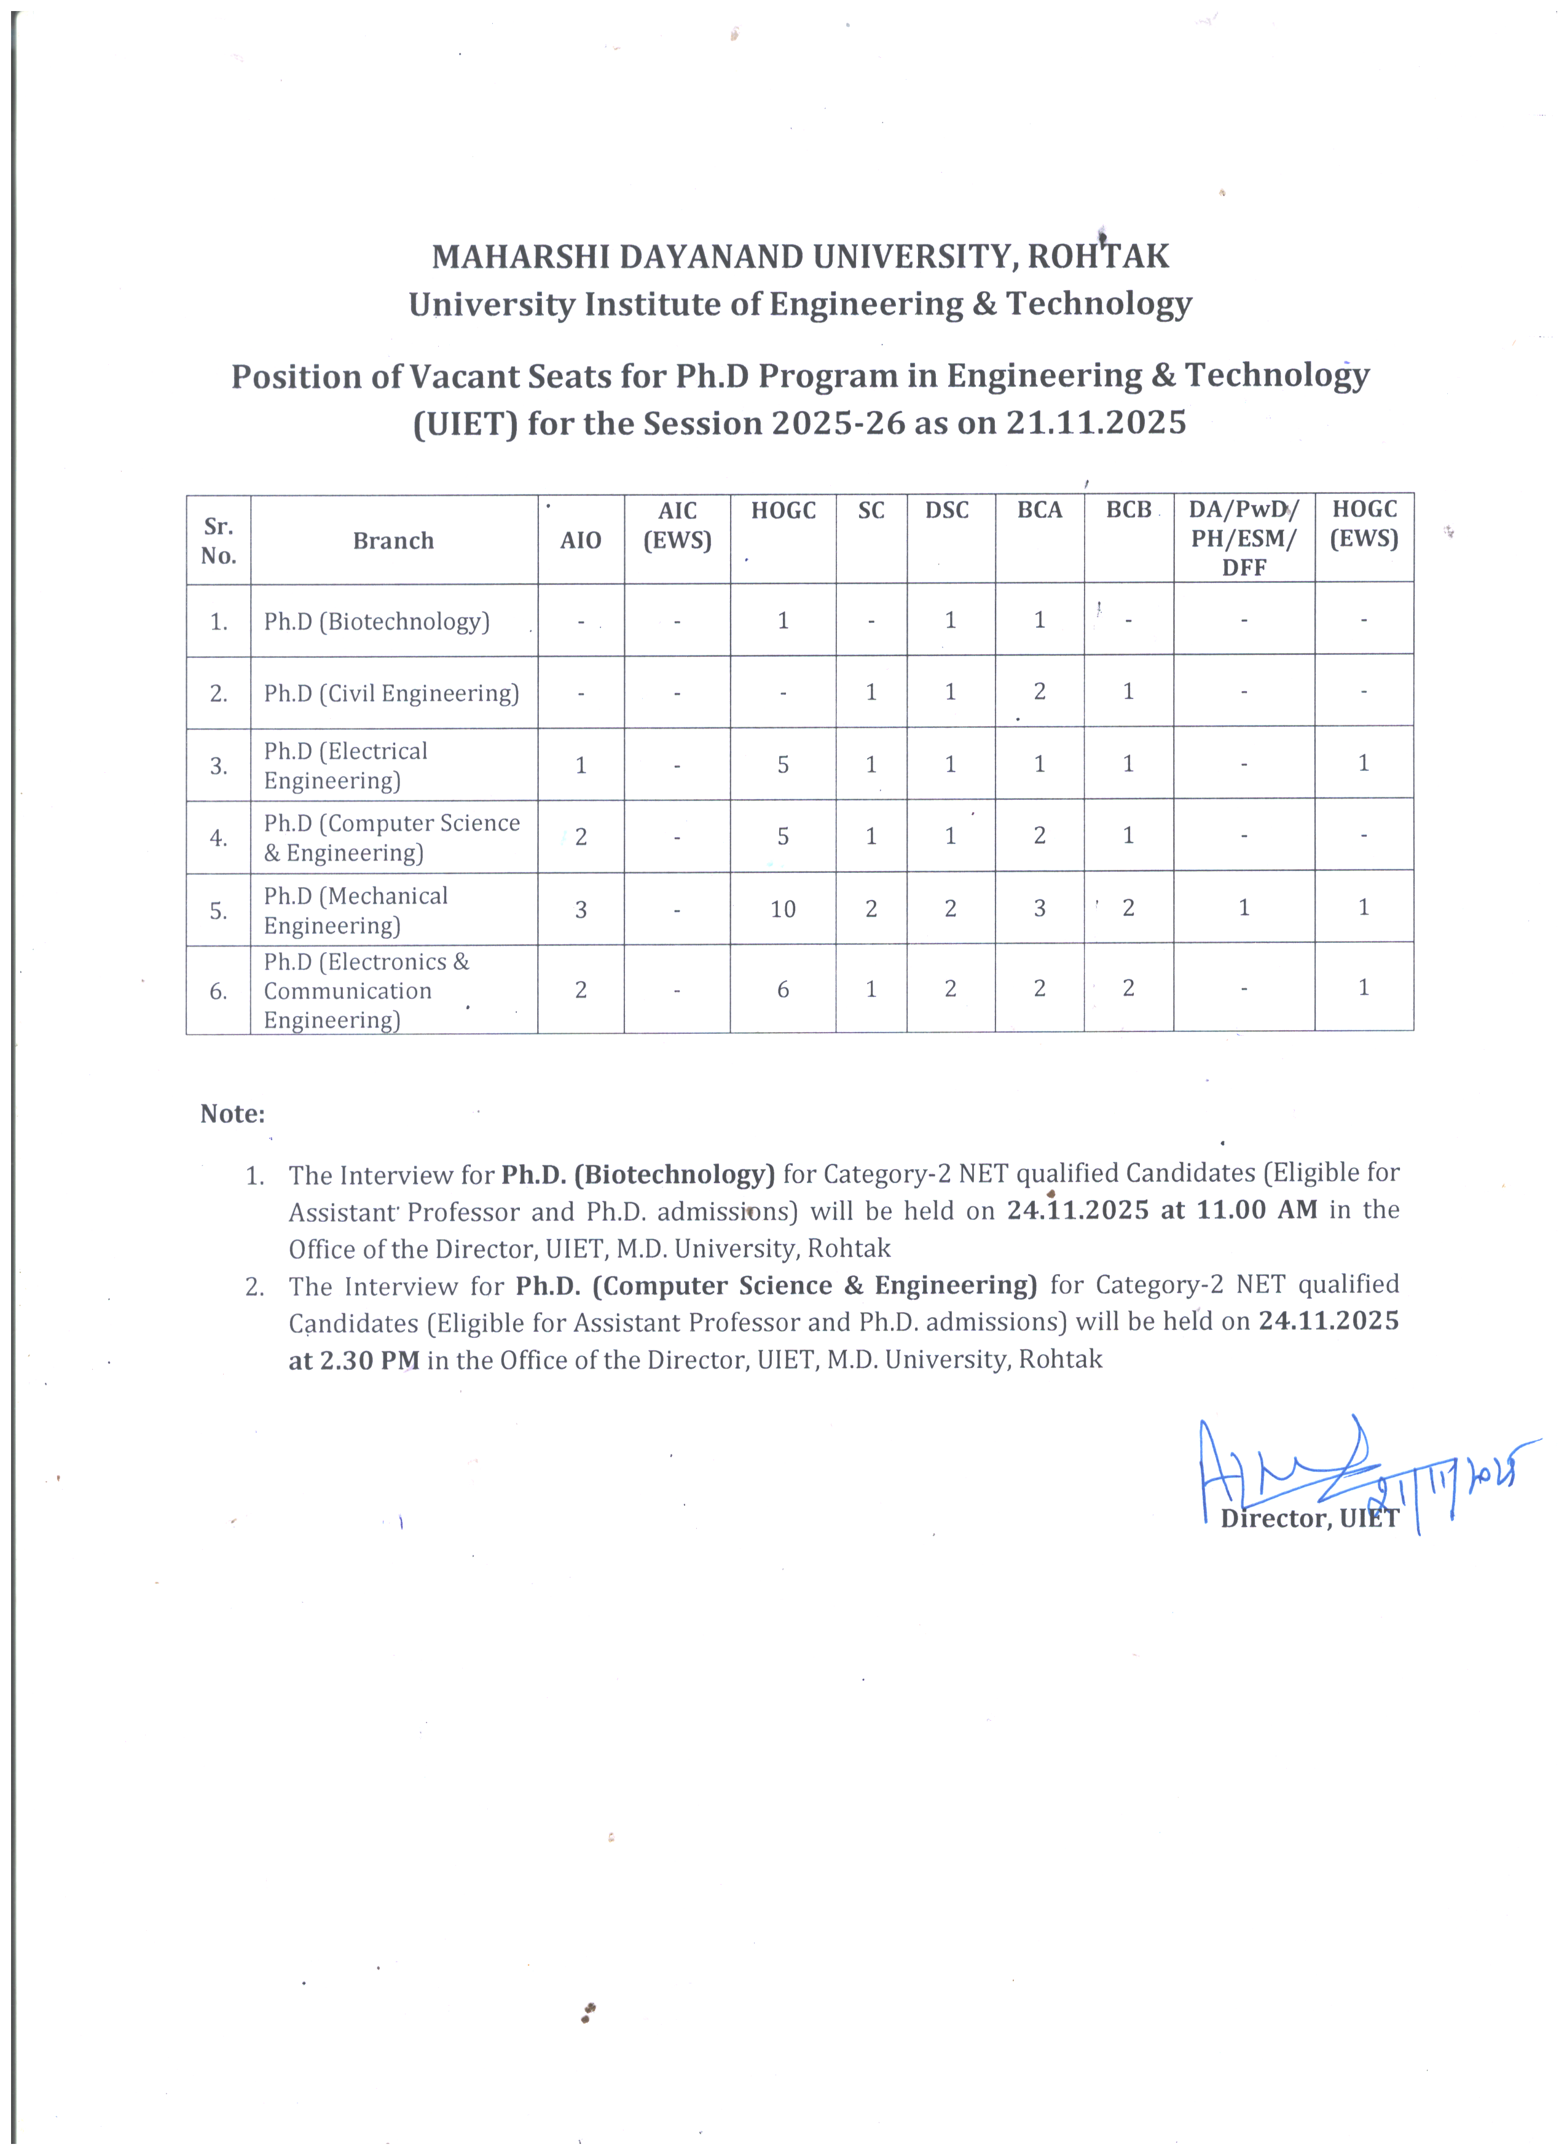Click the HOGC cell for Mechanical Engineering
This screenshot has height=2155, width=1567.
pyautogui.click(x=782, y=909)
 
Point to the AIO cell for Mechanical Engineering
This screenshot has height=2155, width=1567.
pyautogui.click(x=581, y=909)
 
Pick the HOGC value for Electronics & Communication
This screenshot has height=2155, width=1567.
pyautogui.click(x=782, y=989)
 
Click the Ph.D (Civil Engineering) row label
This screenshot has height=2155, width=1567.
pyautogui.click(x=391, y=694)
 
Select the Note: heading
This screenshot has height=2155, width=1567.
pyautogui.click(x=232, y=1114)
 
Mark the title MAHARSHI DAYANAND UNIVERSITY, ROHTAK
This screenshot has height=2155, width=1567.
pyautogui.click(x=800, y=257)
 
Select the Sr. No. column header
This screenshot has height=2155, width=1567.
pyautogui.click(x=219, y=540)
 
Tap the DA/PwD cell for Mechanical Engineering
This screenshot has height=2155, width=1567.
pyautogui.click(x=1243, y=909)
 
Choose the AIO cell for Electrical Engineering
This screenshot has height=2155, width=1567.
pyautogui.click(x=581, y=765)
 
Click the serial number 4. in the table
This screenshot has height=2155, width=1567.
pyautogui.click(x=219, y=838)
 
